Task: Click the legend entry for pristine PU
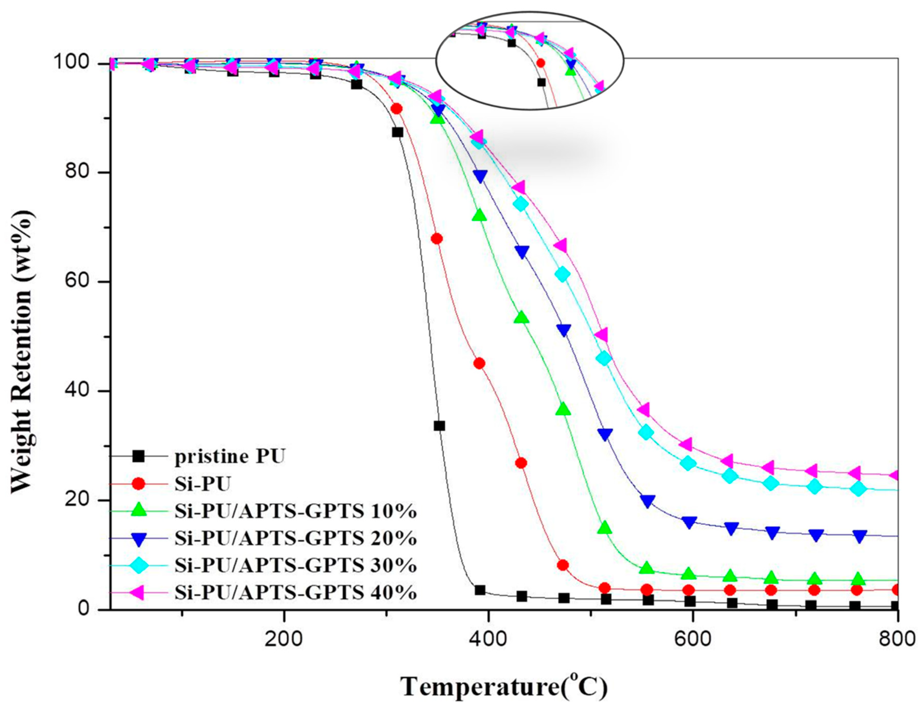pos(230,456)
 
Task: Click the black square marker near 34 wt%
pos(439,426)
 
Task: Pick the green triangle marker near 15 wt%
pos(605,527)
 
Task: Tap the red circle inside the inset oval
pos(541,63)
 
